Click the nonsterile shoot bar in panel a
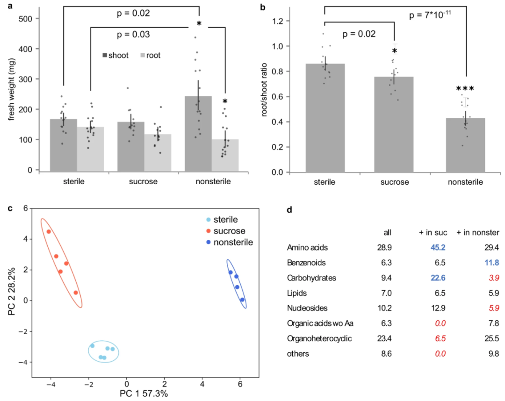click(x=198, y=133)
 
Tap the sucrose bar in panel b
click(x=394, y=124)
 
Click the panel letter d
click(x=289, y=210)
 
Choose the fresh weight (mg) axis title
click(x=10, y=94)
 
